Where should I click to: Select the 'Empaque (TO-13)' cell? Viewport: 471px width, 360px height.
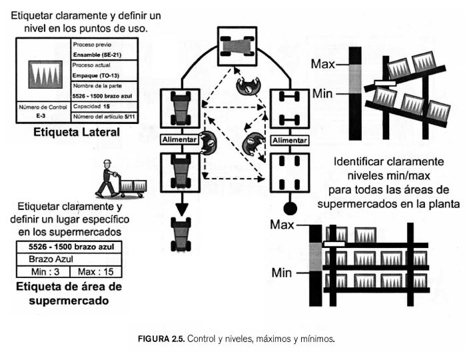pyautogui.click(x=96, y=75)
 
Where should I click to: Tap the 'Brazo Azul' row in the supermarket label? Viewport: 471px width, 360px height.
pyautogui.click(x=67, y=259)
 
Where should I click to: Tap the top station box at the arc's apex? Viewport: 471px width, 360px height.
pyautogui.click(x=236, y=46)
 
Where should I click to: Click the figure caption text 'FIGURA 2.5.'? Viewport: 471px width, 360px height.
pyautogui.click(x=161, y=339)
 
